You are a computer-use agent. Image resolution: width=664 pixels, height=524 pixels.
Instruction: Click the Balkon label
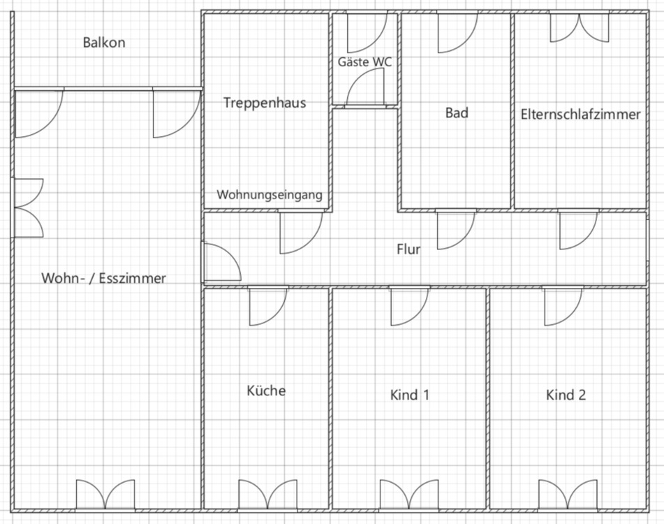[104, 43]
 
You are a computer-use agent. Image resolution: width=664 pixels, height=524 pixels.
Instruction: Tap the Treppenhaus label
[265, 103]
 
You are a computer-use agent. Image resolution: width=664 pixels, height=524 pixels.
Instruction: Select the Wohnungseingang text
[270, 195]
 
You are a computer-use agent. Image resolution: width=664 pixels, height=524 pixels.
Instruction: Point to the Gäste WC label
[364, 61]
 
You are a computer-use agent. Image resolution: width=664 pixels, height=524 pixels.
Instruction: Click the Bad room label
[457, 112]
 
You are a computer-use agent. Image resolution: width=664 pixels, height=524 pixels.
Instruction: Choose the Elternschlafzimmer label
[580, 114]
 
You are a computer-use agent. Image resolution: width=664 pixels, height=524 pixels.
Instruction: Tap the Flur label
[408, 249]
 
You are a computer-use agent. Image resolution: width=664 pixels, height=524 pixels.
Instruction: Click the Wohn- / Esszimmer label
[104, 278]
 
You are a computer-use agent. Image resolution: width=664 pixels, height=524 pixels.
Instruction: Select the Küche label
[266, 390]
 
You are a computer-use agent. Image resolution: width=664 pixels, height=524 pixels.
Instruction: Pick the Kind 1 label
[409, 395]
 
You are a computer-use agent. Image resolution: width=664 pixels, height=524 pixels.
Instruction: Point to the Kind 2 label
[566, 395]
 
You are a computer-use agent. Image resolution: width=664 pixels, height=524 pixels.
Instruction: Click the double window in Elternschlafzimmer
[578, 28]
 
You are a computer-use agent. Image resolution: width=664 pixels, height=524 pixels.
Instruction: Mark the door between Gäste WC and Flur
[366, 89]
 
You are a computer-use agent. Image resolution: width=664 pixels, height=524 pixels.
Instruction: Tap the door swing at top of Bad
[457, 32]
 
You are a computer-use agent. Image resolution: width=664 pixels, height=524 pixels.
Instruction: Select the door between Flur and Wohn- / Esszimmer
[221, 262]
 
